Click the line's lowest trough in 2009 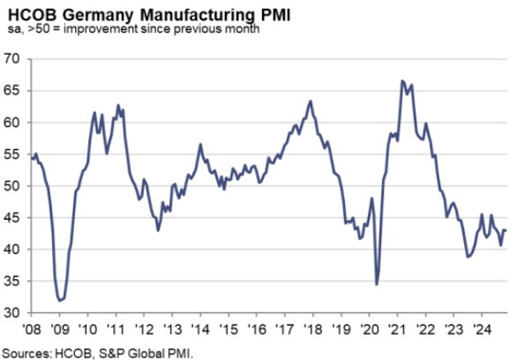[x=60, y=301]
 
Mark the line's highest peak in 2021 [x=402, y=81]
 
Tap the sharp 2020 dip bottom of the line [x=377, y=284]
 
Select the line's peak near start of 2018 [x=311, y=101]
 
